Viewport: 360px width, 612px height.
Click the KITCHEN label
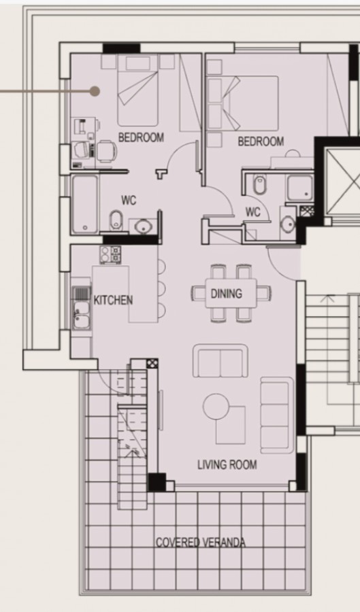113,300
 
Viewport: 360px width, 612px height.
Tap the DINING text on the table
226,294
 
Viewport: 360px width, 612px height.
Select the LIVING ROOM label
227,465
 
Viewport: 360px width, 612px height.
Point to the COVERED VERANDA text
201,542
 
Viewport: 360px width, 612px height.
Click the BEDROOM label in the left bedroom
141,137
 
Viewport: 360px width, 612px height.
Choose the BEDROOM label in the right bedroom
261,141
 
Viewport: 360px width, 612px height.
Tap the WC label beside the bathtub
129,200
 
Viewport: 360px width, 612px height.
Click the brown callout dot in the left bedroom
95,90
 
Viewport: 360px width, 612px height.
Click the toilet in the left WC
116,220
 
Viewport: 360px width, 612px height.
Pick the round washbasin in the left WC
143,226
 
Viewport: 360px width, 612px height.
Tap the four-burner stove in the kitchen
110,255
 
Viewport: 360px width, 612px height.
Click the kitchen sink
82,309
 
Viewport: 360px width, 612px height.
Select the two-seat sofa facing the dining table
220,361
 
